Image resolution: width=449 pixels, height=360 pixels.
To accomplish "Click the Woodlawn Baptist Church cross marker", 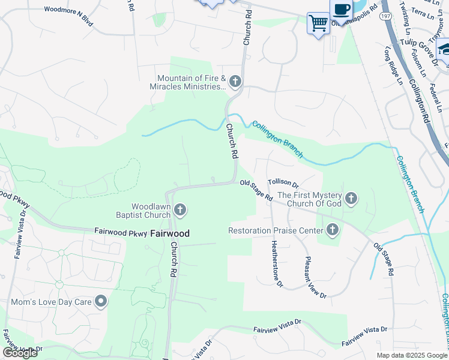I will point(181,210).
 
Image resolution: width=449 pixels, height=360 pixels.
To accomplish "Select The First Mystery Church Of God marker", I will point(351,197).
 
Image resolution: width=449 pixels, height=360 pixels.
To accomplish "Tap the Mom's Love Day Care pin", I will point(101,301).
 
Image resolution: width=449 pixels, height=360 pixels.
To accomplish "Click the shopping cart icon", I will point(318,23).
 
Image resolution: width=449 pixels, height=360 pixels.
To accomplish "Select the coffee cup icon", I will point(341,10).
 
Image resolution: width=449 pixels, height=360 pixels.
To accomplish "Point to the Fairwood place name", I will point(169,233).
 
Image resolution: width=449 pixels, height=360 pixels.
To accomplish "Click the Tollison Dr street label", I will point(283,181).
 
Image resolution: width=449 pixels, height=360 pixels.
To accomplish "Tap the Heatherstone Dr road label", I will point(276,263).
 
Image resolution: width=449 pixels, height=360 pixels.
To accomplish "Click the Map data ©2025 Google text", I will point(412,355).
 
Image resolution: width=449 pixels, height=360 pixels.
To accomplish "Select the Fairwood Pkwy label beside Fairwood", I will point(120,231).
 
